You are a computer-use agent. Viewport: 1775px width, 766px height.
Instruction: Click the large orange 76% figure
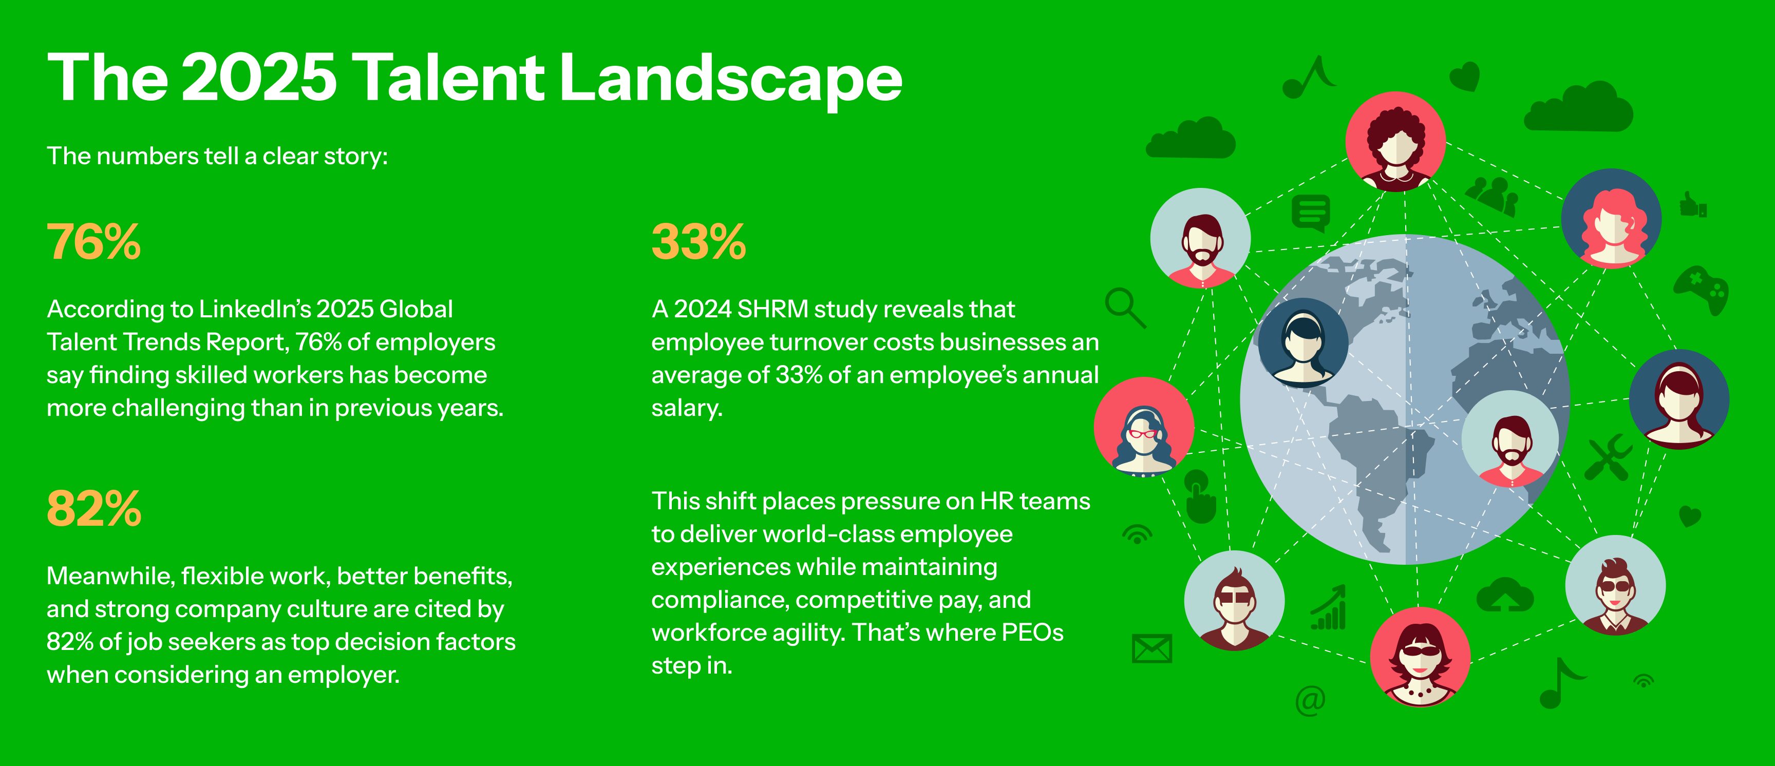[x=93, y=242]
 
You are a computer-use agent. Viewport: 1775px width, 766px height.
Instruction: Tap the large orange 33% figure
[x=698, y=242]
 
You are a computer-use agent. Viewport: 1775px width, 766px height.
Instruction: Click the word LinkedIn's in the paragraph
[x=255, y=309]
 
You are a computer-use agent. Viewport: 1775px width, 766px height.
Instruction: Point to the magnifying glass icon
[x=1125, y=307]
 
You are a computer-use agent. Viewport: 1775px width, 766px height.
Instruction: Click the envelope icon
[x=1151, y=648]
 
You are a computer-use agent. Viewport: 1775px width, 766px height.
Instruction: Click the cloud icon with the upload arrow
[x=1505, y=595]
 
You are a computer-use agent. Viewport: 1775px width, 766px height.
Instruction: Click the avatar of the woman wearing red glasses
[x=1144, y=427]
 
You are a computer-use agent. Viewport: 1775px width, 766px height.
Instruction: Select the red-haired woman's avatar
[x=1611, y=218]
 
